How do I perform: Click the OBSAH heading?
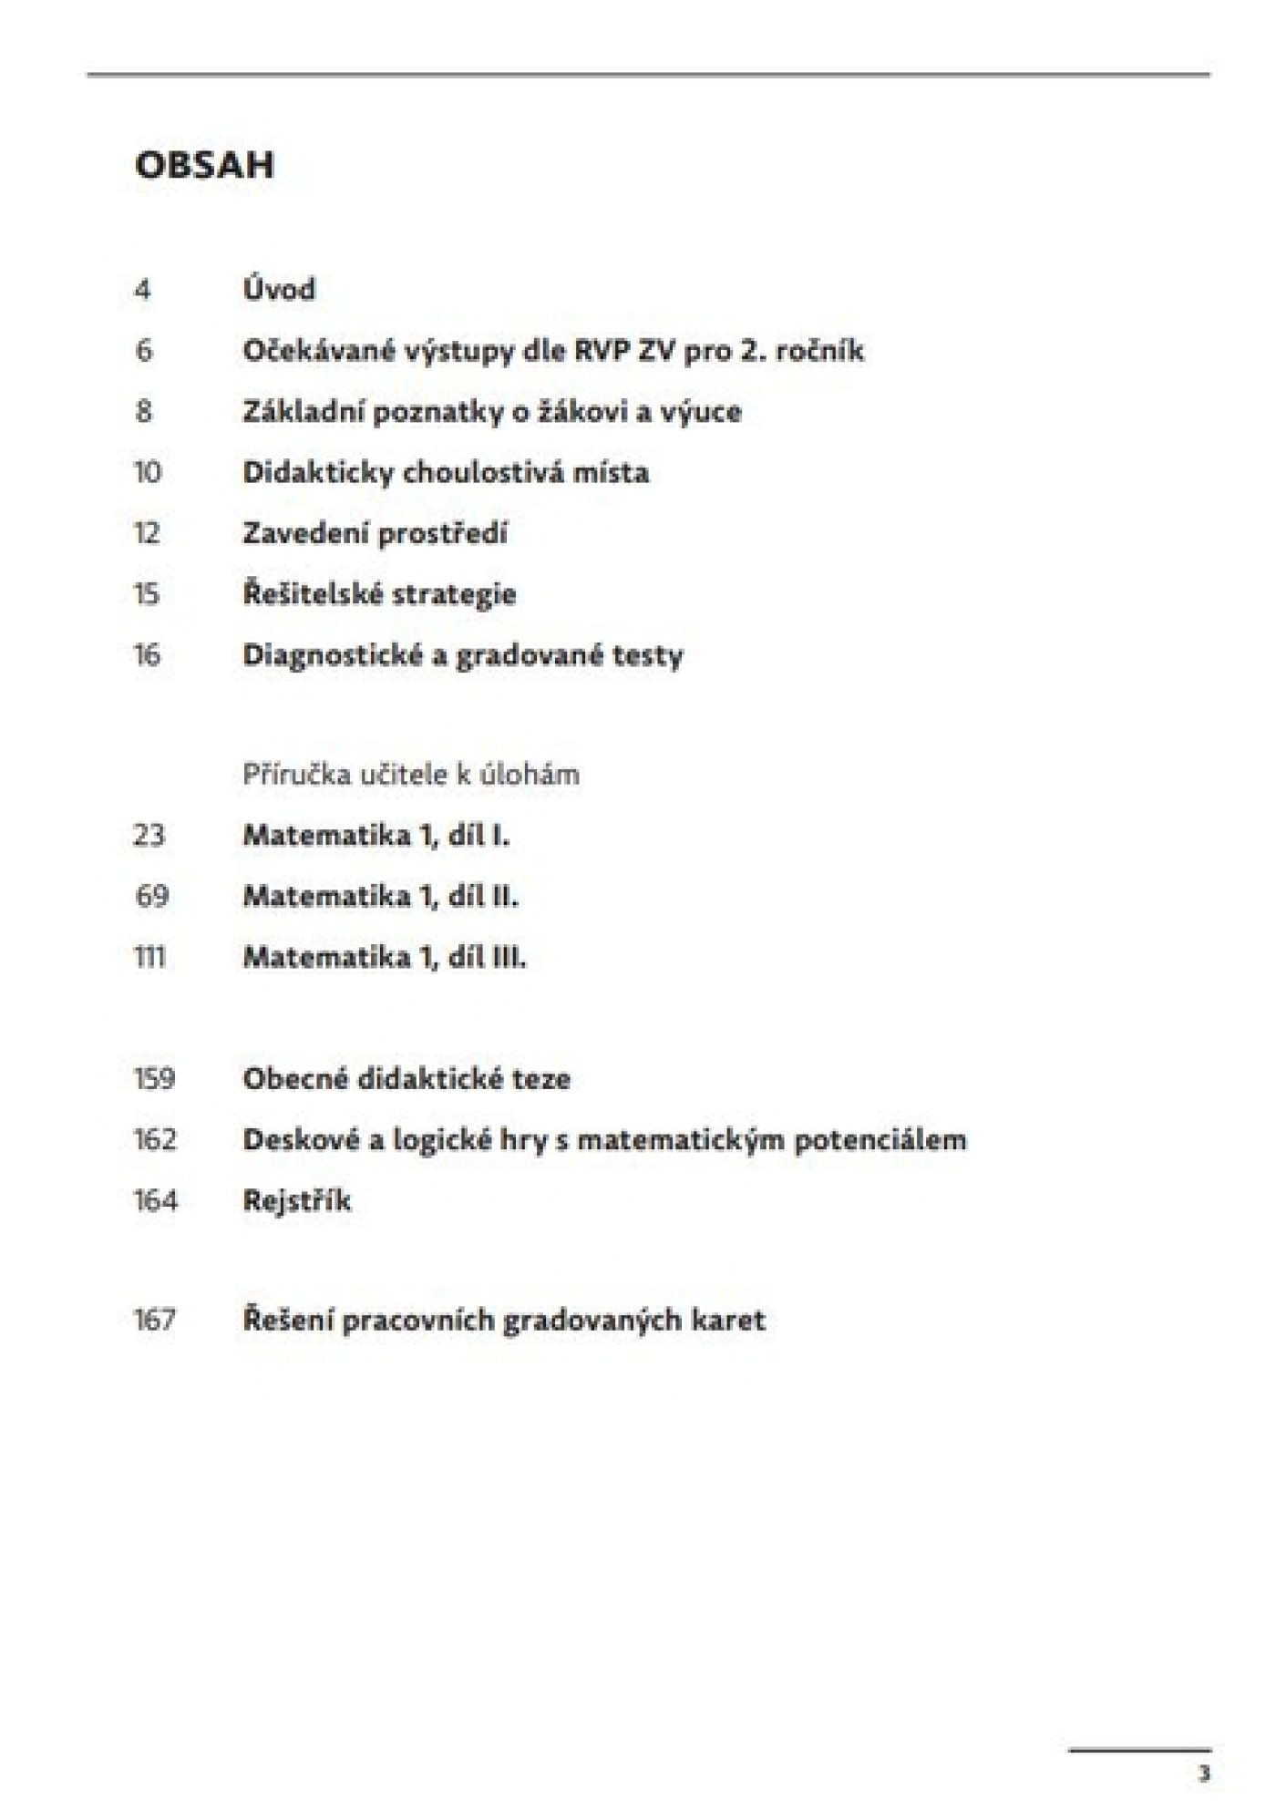pos(204,165)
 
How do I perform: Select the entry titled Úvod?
pos(279,289)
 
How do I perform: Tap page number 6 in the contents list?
pos(144,350)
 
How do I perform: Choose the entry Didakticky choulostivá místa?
pos(446,472)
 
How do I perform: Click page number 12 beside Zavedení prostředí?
pos(147,533)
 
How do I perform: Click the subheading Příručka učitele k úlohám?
pos(411,775)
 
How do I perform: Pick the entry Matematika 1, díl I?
pos(376,835)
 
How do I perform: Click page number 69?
pos(151,896)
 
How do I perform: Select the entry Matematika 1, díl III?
pos(384,957)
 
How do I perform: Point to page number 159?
pos(154,1079)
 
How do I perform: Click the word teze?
pos(540,1079)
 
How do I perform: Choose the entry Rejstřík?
pos(296,1200)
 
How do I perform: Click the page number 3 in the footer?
pos(1204,1774)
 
